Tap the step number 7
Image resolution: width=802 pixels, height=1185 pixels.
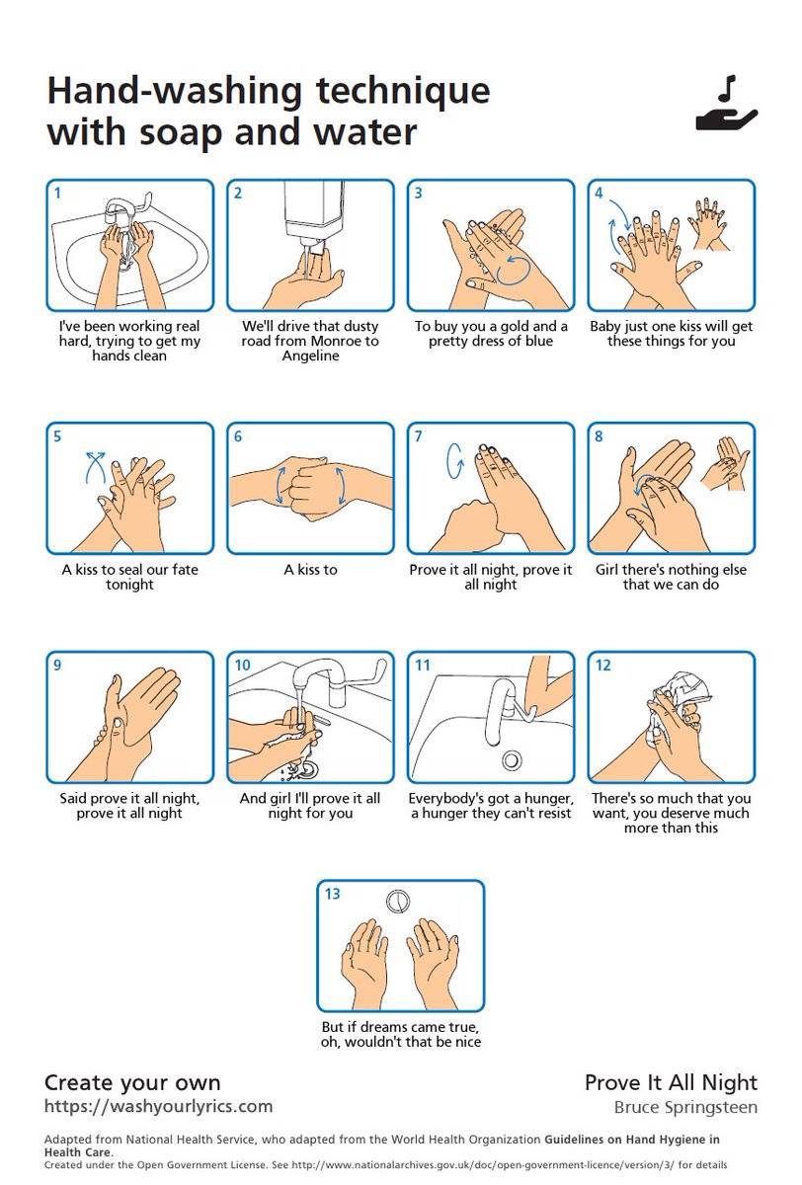(418, 436)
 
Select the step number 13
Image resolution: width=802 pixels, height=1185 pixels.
(332, 894)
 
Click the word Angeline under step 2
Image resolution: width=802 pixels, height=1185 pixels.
(310, 355)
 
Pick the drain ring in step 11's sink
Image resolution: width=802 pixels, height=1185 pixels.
(511, 760)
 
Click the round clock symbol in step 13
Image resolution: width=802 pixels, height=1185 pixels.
(397, 901)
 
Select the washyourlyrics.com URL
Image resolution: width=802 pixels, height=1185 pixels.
(158, 1106)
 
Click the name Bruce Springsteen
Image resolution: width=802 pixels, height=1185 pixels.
(685, 1107)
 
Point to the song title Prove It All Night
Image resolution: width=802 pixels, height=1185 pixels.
(671, 1083)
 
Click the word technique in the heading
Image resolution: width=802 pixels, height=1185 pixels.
(403, 92)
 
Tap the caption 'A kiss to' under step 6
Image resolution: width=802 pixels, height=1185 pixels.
(310, 569)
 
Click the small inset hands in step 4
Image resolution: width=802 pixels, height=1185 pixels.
(708, 224)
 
